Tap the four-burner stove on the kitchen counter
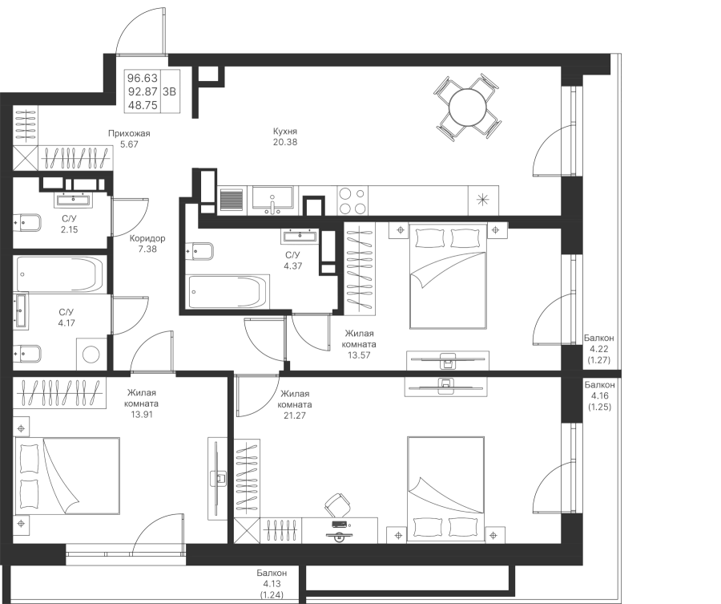354,201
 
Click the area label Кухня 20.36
284,138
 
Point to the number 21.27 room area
296,415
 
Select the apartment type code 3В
170,91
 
